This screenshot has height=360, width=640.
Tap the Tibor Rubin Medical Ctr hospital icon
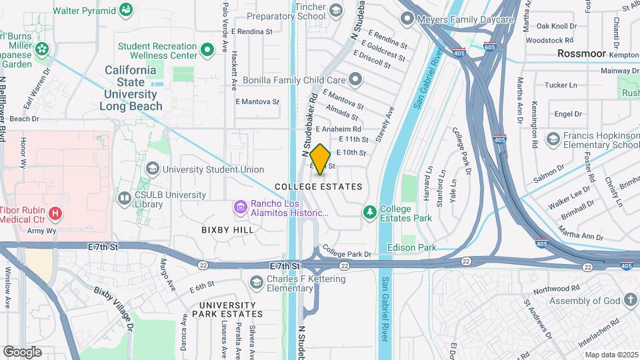(56, 213)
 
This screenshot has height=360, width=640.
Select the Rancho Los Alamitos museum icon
(239, 208)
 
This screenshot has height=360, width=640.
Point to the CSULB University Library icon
(124, 198)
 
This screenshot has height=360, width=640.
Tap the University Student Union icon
(152, 169)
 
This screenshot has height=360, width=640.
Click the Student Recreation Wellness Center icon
(207, 49)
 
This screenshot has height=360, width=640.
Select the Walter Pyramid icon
(125, 10)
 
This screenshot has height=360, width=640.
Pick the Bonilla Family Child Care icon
(355, 80)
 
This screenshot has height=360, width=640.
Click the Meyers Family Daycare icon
(406, 19)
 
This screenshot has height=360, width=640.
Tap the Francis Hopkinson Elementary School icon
(552, 139)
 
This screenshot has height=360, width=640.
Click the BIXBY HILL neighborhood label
(227, 229)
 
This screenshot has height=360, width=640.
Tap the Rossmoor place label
(581, 53)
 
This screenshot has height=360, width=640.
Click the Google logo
(22, 351)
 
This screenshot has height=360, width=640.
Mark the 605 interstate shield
(490, 47)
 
